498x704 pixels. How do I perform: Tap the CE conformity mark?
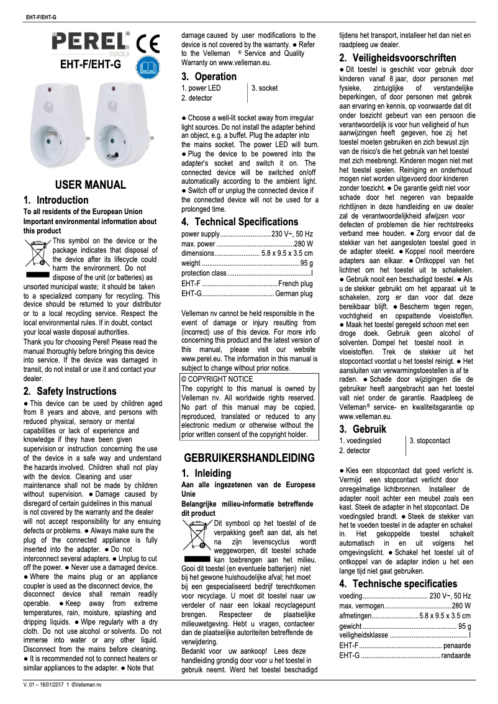[148, 43]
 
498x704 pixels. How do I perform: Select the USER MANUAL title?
[91, 185]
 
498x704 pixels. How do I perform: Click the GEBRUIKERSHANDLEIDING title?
[250, 458]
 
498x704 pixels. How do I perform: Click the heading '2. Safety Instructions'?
[70, 392]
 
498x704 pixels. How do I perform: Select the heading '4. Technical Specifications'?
[240, 222]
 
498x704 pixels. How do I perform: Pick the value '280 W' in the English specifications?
[303, 244]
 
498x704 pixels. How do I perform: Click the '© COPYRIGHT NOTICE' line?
[209, 379]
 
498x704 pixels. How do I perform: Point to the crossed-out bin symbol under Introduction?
[37, 253]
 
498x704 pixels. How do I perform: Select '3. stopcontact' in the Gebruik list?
[430, 441]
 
